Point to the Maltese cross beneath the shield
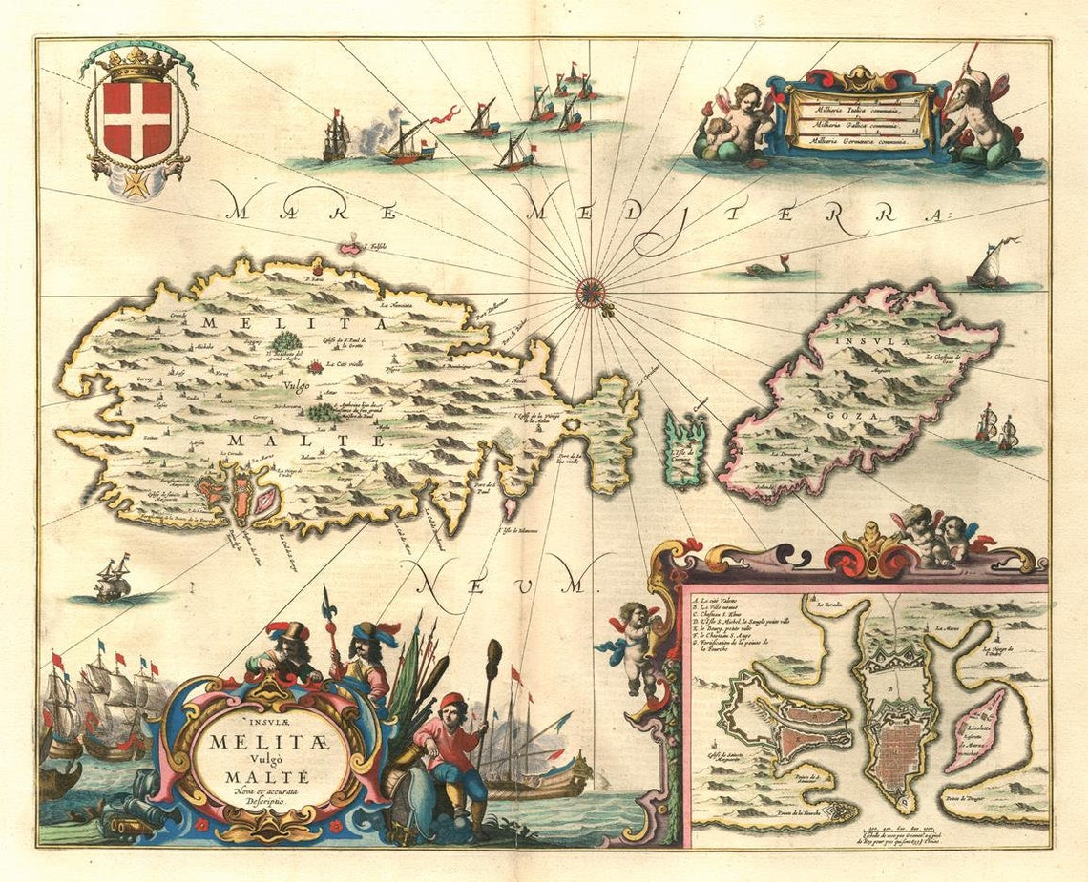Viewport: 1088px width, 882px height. click(136, 183)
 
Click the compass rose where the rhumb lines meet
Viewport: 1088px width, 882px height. click(592, 290)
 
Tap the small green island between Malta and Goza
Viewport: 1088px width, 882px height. click(686, 448)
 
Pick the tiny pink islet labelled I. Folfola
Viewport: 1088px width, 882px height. click(353, 249)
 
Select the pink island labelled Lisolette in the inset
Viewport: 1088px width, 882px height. click(975, 729)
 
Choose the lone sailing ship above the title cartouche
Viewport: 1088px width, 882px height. click(113, 579)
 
